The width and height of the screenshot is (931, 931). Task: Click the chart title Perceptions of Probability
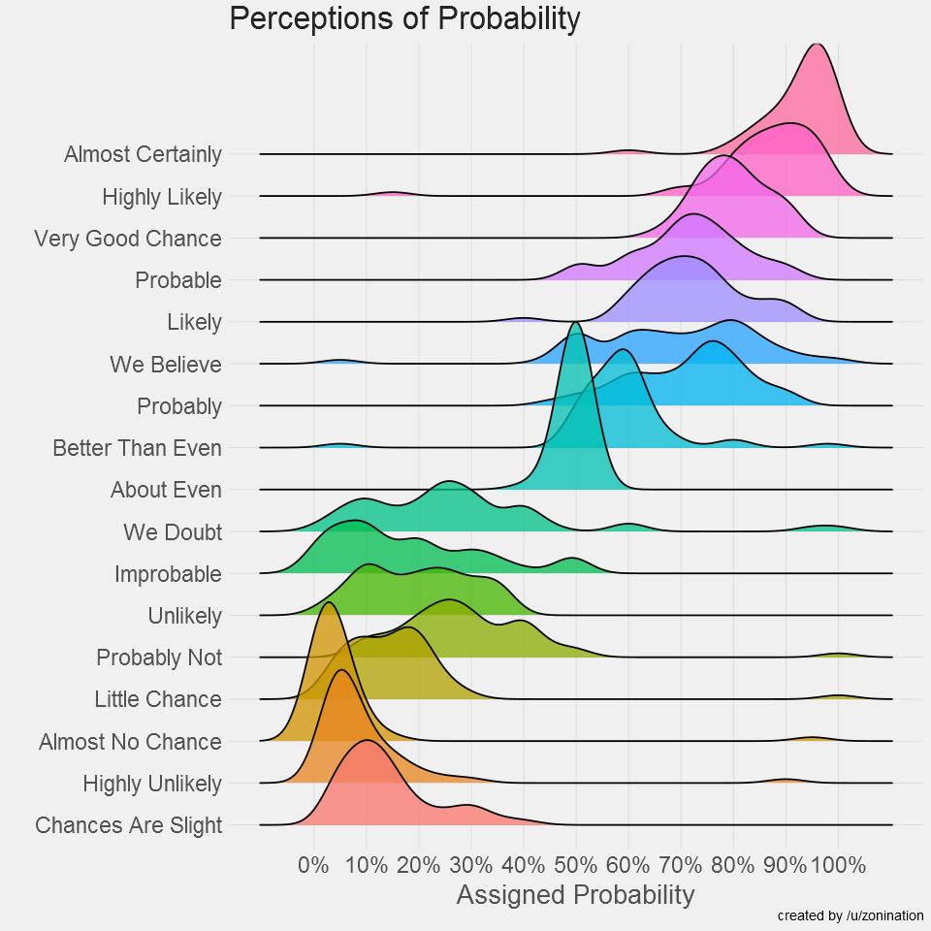(404, 18)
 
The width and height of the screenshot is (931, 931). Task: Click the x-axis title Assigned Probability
(575, 894)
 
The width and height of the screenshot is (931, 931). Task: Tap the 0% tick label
(313, 863)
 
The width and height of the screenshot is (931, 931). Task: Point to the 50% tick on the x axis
(576, 863)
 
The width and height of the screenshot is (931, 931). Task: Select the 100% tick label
(838, 863)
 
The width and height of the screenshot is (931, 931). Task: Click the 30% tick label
(471, 863)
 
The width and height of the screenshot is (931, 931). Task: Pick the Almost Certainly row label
(143, 154)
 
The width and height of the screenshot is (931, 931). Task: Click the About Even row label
(166, 490)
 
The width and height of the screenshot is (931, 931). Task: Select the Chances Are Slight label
(128, 825)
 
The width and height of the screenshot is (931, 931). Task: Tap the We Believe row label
(166, 365)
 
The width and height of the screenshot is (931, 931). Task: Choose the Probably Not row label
(159, 658)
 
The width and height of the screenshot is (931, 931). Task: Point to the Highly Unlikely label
(152, 784)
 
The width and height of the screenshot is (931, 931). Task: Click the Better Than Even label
(137, 448)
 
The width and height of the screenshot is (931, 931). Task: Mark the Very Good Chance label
(128, 239)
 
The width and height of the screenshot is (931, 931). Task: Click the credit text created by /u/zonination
(851, 915)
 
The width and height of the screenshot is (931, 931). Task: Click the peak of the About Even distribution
(576, 324)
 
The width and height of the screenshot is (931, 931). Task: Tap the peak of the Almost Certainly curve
(818, 45)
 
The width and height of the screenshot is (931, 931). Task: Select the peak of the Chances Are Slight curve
(367, 742)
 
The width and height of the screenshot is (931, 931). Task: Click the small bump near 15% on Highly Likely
(392, 193)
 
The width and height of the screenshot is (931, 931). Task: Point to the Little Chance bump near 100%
(838, 695)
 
